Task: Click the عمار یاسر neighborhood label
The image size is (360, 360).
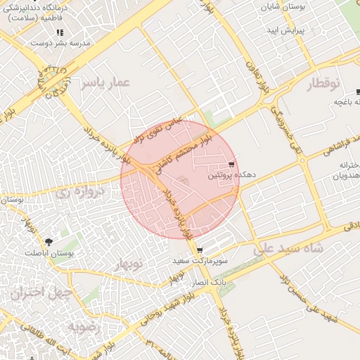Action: tap(106, 83)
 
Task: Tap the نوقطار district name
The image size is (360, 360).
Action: tap(323, 84)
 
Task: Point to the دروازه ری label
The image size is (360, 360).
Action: tap(99, 191)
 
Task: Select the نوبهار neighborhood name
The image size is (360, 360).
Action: tap(127, 264)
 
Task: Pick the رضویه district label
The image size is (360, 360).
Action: tap(84, 327)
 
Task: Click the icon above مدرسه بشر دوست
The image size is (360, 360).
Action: tap(60, 32)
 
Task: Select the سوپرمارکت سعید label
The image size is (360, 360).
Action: tap(201, 261)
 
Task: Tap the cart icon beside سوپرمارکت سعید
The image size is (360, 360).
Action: tap(200, 250)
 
